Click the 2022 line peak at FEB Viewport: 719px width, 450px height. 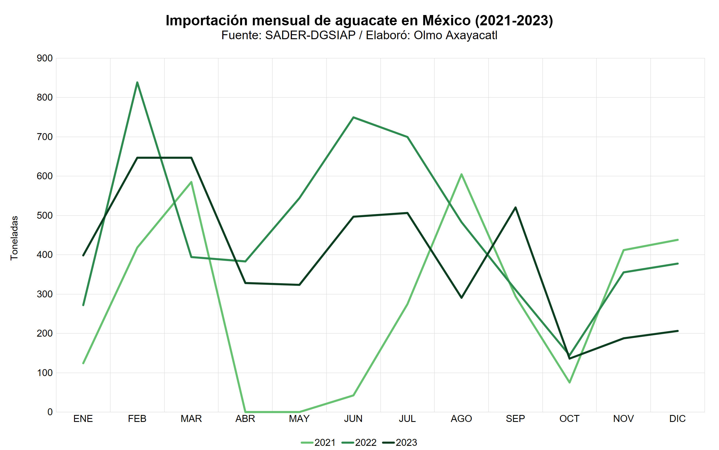(137, 83)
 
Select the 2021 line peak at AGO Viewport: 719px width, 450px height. (461, 174)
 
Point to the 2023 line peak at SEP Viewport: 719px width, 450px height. (515, 207)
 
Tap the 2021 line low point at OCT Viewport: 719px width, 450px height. (569, 382)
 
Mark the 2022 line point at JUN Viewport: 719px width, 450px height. (353, 117)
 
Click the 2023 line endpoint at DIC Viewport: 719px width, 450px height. (677, 331)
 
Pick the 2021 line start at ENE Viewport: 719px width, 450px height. (83, 363)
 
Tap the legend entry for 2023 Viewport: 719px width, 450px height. (400, 442)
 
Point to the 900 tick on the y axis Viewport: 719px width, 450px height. (45, 58)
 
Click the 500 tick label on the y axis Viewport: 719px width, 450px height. (45, 215)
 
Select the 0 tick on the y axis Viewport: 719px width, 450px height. (50, 412)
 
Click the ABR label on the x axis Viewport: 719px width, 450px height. (245, 419)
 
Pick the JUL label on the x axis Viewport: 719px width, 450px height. (407, 419)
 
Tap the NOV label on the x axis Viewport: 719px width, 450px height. (623, 419)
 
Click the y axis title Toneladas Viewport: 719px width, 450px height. (14, 238)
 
